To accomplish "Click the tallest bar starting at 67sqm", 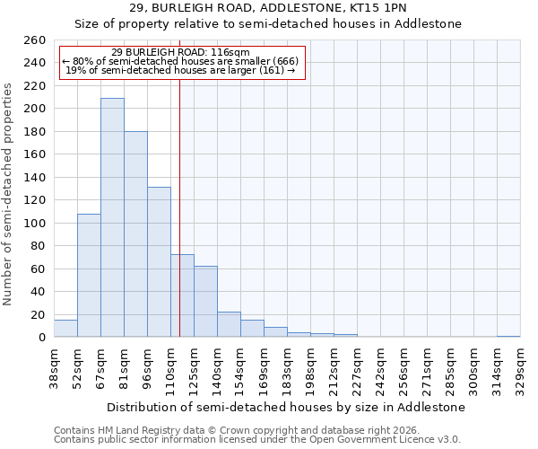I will point(112,217).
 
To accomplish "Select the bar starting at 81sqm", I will point(135,233).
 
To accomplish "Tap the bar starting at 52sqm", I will point(89,275).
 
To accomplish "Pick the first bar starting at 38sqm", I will point(65,329).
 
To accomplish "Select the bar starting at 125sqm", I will point(205,301).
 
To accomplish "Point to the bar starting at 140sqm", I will point(229,324).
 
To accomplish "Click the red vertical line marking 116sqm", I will point(180,207).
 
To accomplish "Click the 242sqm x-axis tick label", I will point(380,368).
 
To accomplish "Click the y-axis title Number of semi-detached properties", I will point(8,194).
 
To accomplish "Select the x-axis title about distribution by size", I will point(285,407).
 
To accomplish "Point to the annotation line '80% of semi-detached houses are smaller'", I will point(181,61).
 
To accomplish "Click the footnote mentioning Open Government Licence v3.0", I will point(257,439).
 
